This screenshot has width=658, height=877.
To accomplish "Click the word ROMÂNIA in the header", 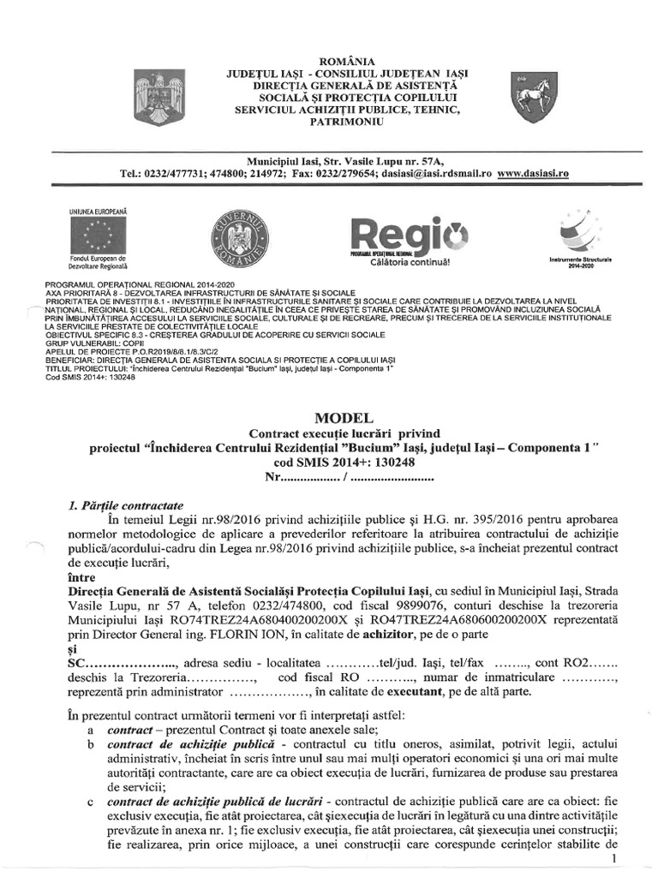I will click(346, 61).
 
